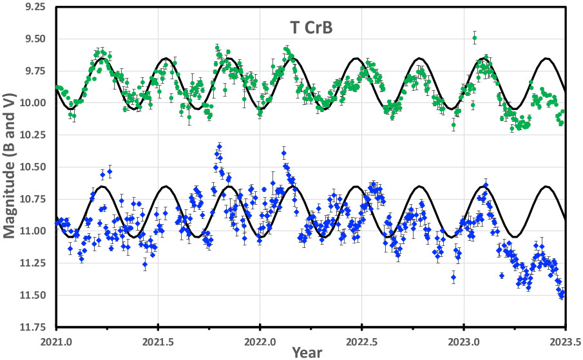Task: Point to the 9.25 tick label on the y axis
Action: click(33, 7)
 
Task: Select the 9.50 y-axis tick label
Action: click(33, 39)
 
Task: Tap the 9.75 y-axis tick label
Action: click(33, 71)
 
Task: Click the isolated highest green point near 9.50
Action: click(475, 38)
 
